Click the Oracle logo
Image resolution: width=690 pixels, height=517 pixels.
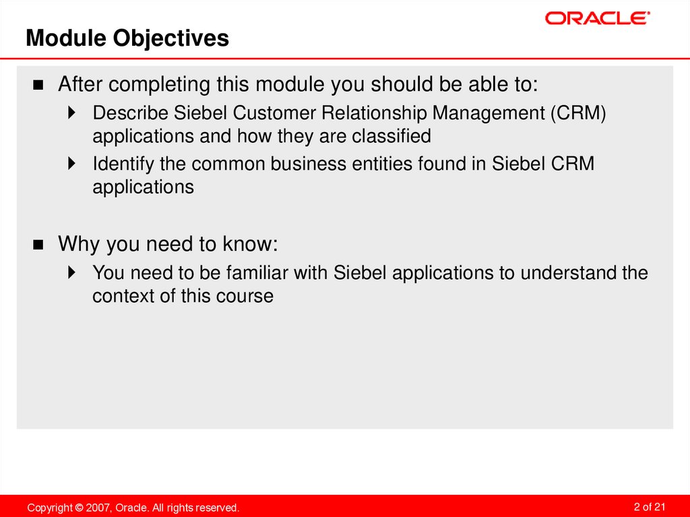(597, 18)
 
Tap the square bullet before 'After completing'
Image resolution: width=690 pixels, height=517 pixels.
(38, 86)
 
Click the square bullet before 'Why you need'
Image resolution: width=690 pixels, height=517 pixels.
(38, 245)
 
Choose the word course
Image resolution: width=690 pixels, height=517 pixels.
(245, 297)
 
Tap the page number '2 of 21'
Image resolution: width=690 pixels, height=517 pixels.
(650, 506)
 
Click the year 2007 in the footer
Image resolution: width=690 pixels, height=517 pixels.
(98, 507)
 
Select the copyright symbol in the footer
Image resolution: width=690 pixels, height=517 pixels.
(80, 507)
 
